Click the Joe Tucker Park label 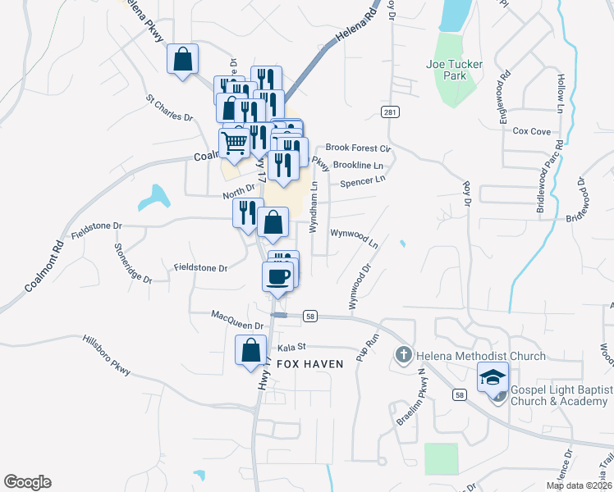click(x=446, y=70)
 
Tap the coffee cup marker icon click(x=277, y=276)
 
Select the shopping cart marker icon click(x=235, y=143)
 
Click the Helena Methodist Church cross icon click(x=403, y=356)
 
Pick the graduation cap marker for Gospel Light click(x=493, y=378)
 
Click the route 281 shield click(x=390, y=112)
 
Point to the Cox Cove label click(x=531, y=131)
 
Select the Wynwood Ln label click(x=354, y=238)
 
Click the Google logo click(x=27, y=482)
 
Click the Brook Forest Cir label click(x=357, y=148)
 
